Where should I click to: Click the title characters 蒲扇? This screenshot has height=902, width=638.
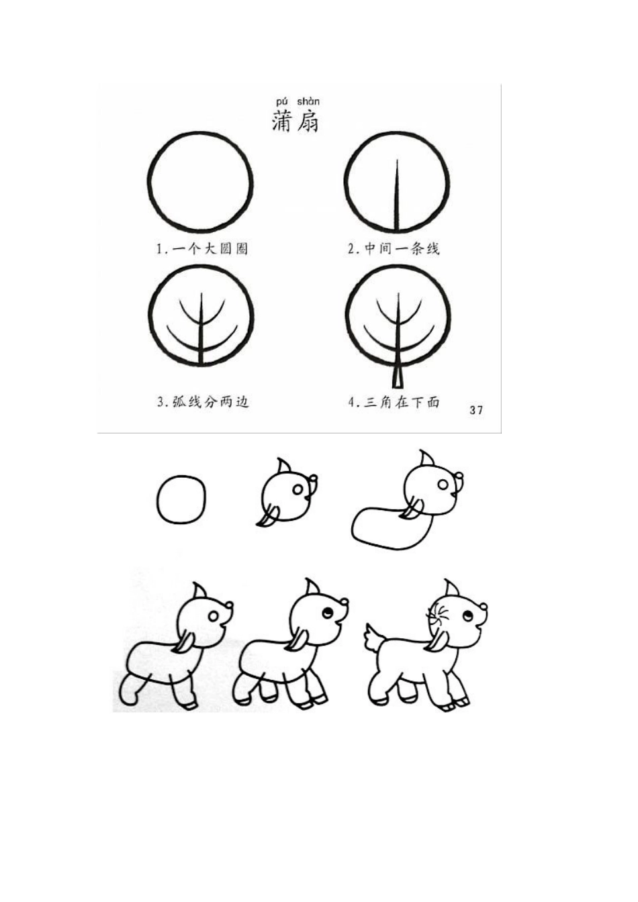tap(295, 120)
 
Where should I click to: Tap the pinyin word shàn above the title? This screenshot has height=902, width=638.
tap(308, 101)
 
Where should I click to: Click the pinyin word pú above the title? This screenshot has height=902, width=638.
tap(281, 101)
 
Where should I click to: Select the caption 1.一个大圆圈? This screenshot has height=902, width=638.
tap(202, 249)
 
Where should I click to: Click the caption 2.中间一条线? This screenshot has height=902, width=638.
tap(394, 249)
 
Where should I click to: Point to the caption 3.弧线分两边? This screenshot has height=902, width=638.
tap(203, 402)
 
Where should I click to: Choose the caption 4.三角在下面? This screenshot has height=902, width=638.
tap(394, 402)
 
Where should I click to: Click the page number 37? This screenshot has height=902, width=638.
tap(476, 410)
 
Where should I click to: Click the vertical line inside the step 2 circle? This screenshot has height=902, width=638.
tap(398, 195)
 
